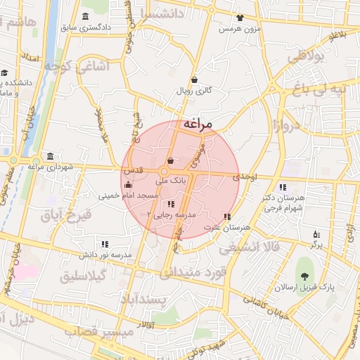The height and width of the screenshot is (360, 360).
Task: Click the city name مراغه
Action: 198,124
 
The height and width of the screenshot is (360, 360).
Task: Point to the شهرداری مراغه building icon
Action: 49,156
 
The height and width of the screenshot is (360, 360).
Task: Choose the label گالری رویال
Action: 193,91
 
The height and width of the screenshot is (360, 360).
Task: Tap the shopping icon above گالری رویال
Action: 193,80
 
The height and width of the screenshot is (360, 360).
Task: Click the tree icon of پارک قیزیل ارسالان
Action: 304,277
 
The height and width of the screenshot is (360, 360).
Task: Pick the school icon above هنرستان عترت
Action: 226,217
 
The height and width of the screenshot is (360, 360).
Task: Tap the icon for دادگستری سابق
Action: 86,17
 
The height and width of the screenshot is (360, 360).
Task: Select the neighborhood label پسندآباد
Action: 163,300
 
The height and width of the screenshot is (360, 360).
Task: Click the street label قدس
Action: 134,171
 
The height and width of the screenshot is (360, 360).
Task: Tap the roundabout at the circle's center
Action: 164,172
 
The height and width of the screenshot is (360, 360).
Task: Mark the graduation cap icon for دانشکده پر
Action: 4,72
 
